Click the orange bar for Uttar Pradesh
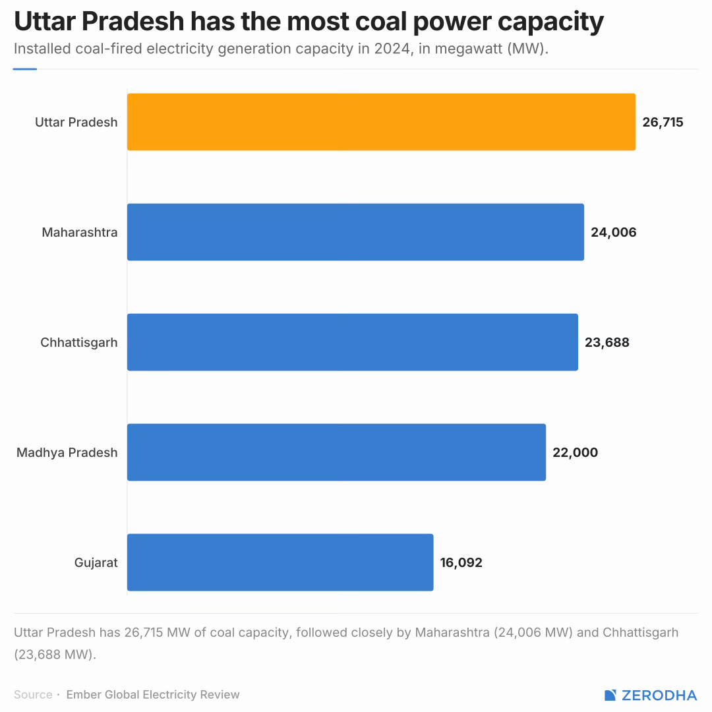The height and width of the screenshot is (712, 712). [x=382, y=122]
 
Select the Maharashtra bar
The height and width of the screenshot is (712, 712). [x=355, y=232]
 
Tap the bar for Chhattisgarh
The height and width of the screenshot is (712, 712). [x=353, y=342]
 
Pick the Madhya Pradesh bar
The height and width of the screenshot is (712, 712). [x=336, y=452]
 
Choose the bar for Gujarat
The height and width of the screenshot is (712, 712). [x=280, y=562]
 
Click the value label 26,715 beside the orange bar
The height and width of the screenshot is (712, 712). [x=663, y=122]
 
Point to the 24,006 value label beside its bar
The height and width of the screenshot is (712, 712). [x=614, y=233]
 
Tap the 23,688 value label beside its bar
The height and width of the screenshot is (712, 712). [x=607, y=342]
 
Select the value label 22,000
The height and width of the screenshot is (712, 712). [x=576, y=453]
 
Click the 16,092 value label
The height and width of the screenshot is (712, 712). [x=461, y=562]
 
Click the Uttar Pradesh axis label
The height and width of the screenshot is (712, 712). [x=76, y=122]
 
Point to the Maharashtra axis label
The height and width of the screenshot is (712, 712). [x=80, y=233]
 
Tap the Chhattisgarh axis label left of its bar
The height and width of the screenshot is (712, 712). [x=79, y=342]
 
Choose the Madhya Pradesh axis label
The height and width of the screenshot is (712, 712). [x=67, y=453]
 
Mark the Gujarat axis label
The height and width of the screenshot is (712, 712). [x=96, y=562]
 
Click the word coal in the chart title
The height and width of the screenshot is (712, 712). [x=382, y=21]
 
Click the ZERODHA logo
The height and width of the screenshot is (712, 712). [x=650, y=696]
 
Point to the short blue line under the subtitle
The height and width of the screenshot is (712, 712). [x=25, y=69]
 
